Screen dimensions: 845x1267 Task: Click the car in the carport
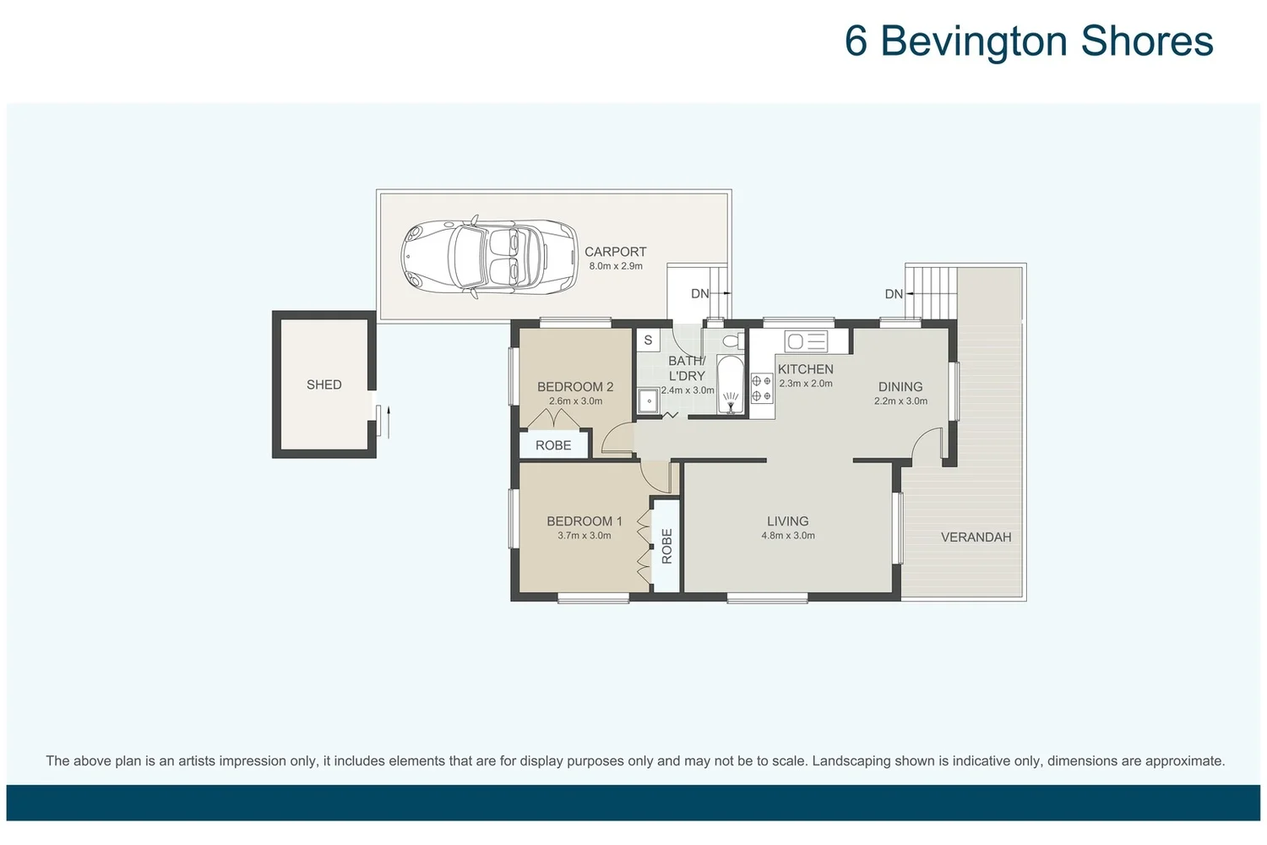(489, 258)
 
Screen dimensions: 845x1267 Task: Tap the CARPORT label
(615, 252)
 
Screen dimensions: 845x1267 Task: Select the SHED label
(324, 384)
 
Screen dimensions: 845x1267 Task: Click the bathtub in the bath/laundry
(730, 385)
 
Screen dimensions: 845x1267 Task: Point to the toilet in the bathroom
(732, 341)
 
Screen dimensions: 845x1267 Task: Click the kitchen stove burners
(761, 389)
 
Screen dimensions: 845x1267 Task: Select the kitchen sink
(806, 341)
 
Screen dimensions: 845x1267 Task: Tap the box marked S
(648, 341)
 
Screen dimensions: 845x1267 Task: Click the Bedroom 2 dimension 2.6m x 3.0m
(575, 401)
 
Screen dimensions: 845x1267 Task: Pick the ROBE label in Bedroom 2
(553, 445)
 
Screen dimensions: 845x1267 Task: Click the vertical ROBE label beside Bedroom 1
(666, 546)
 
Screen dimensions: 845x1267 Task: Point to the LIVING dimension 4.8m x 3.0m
(787, 536)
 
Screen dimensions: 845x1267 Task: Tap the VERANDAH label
(976, 537)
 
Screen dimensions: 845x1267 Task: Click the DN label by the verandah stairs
(894, 294)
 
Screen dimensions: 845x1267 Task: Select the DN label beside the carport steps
(699, 294)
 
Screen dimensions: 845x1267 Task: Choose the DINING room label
(900, 387)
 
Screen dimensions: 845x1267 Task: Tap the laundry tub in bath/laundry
(649, 401)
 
